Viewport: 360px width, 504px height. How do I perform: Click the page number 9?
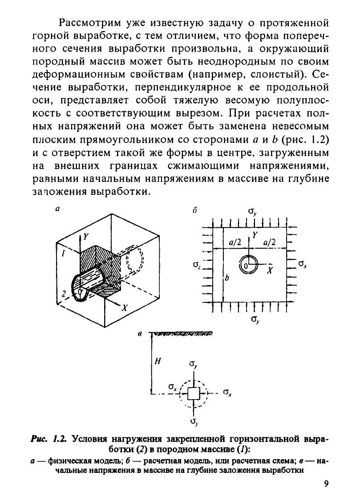[x=326, y=484]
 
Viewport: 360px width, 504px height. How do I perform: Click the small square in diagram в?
[x=193, y=394]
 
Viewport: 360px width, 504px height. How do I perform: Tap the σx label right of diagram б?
[x=303, y=263]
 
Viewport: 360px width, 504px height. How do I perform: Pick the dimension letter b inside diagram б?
[x=227, y=278]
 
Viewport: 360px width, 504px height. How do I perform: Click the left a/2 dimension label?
[x=235, y=242]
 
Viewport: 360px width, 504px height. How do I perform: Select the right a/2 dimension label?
[x=270, y=242]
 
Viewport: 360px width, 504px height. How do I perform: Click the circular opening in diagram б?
[x=248, y=265]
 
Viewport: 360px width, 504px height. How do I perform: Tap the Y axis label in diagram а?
[x=86, y=238]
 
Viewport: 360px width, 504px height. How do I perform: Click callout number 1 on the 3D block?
[x=64, y=253]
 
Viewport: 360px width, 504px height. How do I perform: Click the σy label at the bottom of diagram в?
[x=194, y=421]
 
